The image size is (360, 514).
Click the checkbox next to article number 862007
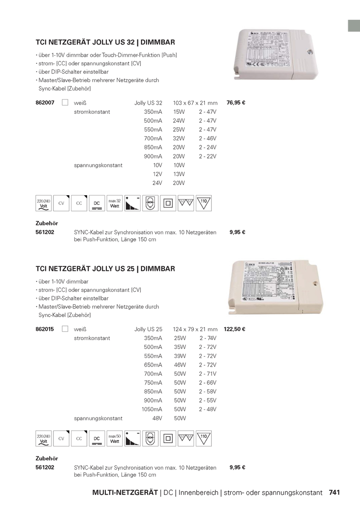point(65,102)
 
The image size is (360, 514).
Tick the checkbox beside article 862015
point(65,329)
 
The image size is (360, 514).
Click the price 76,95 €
point(236,102)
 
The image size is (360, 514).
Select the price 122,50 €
point(235,329)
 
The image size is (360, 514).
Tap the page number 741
point(335,492)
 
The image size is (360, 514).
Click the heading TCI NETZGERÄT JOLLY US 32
point(105,42)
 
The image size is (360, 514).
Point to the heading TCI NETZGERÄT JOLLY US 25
point(105,269)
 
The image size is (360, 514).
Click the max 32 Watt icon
point(115,203)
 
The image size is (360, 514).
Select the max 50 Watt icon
point(115,439)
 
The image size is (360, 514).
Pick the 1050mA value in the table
point(152,409)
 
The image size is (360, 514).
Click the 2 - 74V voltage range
point(208,338)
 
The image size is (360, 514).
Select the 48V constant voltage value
point(157,418)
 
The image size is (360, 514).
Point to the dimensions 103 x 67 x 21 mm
point(195,103)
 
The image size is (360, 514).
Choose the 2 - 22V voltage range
point(208,156)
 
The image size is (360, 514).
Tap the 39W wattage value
point(180,356)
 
